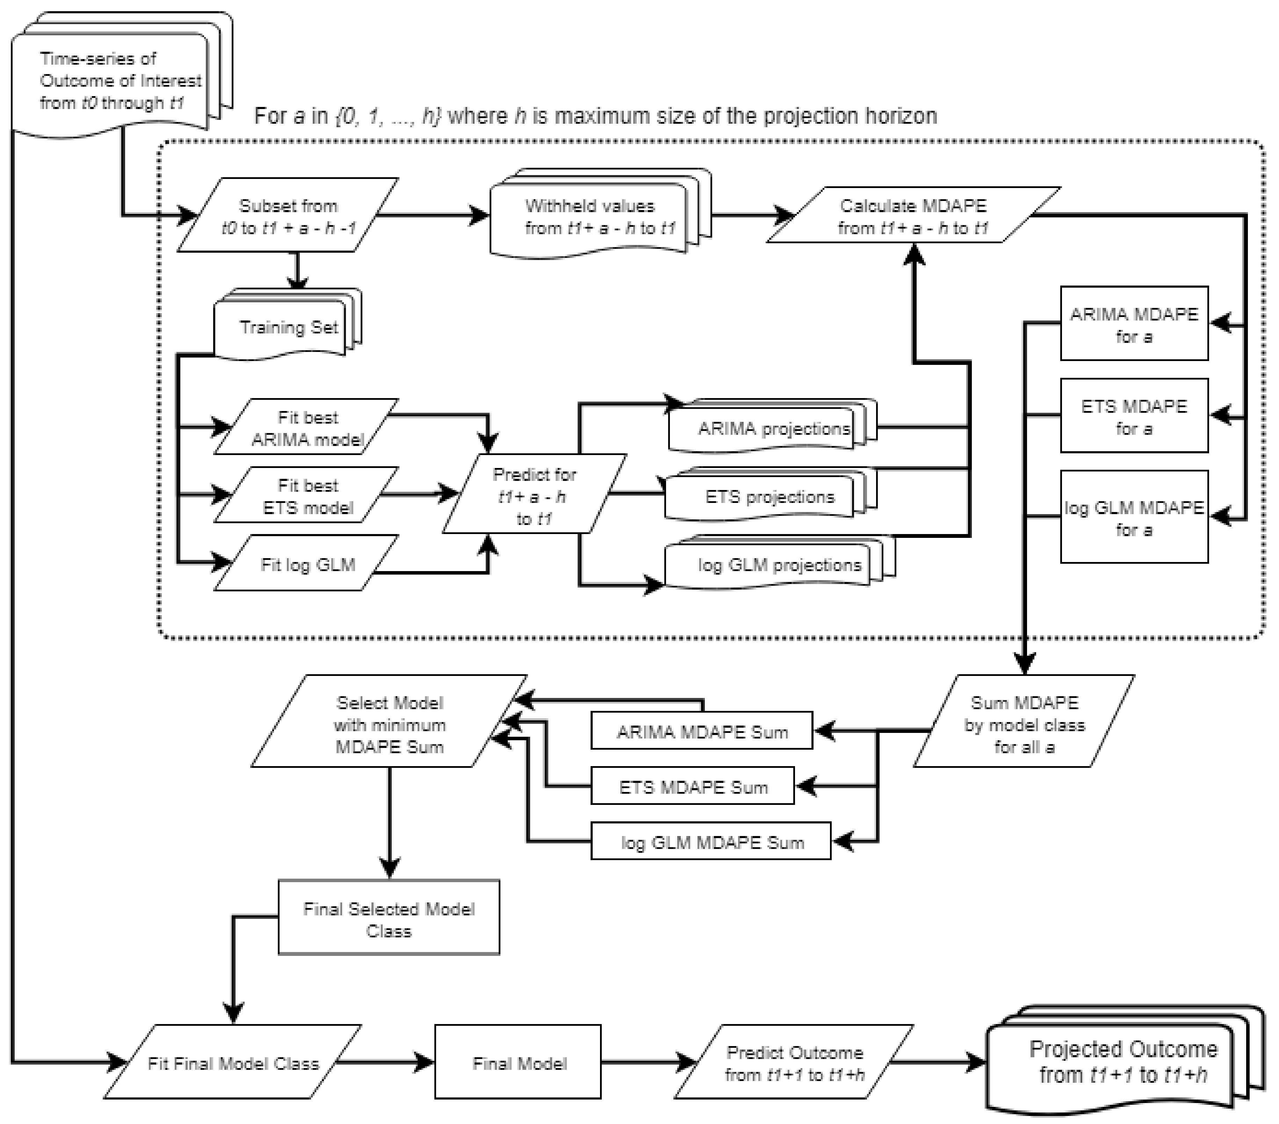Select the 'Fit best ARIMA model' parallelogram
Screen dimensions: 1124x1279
(306, 428)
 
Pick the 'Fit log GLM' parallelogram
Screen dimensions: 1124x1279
(306, 564)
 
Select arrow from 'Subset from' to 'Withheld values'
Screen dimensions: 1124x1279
(432, 216)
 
